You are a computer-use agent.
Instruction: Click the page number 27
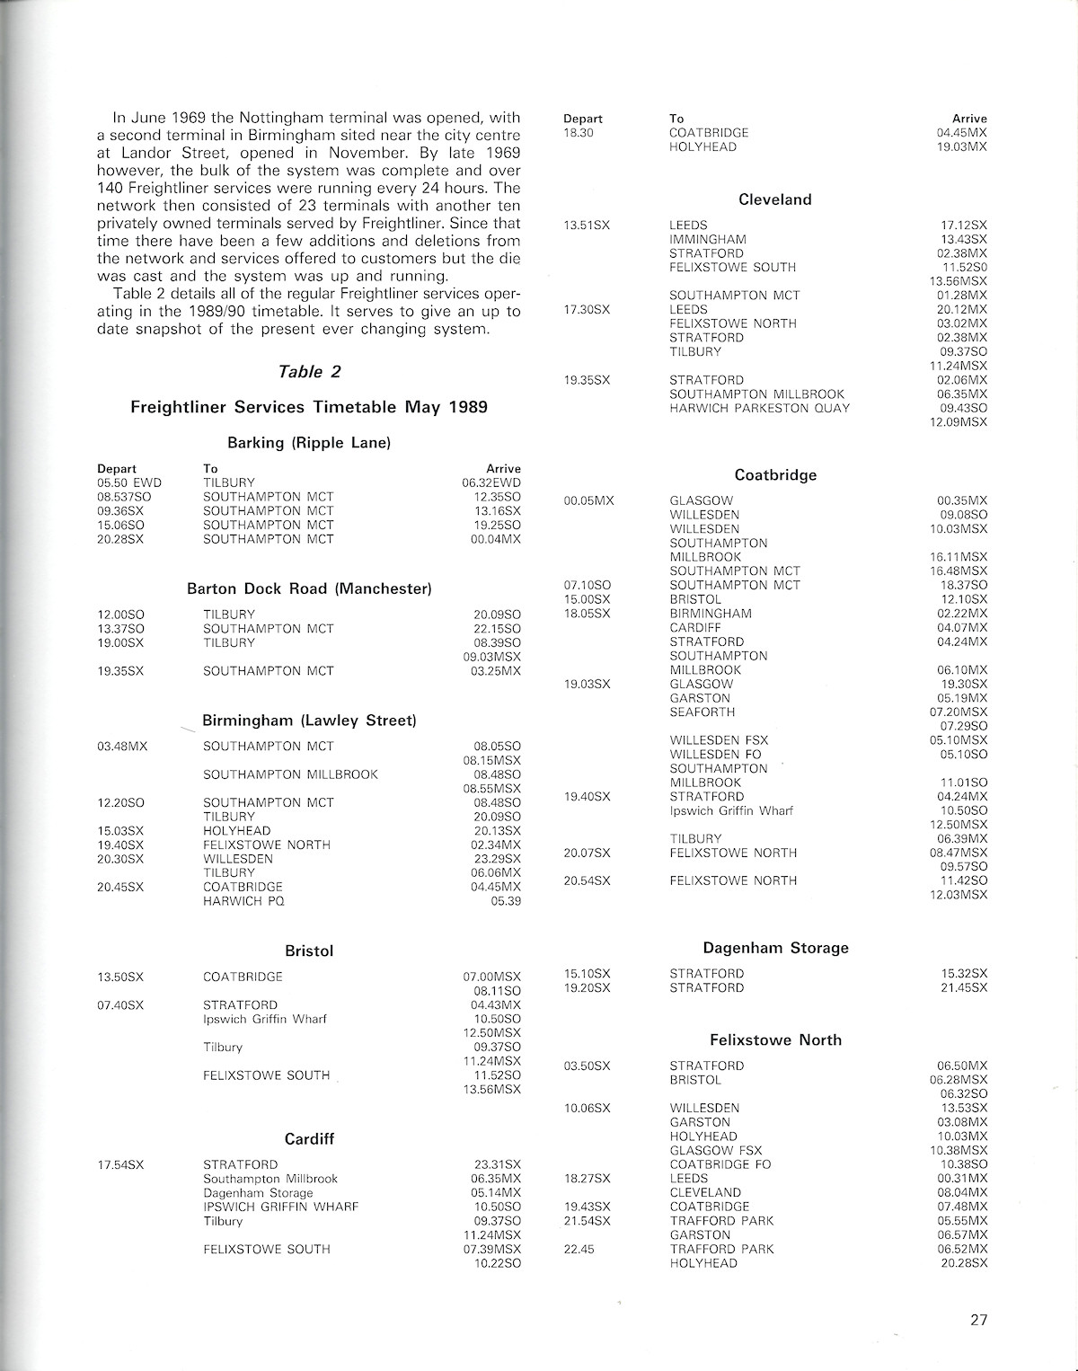tap(978, 1320)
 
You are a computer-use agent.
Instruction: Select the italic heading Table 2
tap(309, 372)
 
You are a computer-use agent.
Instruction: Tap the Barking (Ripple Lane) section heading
tap(309, 443)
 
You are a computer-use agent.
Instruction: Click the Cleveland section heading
tap(774, 199)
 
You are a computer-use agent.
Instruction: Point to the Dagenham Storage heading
tap(775, 948)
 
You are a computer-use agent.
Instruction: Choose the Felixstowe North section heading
tap(775, 1040)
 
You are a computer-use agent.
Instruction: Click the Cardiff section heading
tap(309, 1139)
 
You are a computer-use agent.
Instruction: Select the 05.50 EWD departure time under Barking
tap(129, 482)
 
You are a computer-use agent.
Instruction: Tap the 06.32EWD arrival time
tap(490, 482)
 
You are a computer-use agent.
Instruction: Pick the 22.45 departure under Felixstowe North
tap(580, 1249)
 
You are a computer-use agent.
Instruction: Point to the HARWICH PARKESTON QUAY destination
tap(759, 408)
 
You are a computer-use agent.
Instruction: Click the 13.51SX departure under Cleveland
tap(587, 226)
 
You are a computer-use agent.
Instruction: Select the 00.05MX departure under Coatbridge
tap(588, 500)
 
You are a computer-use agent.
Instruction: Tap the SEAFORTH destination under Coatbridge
tap(702, 712)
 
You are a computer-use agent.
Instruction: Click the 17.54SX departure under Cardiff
tap(120, 1165)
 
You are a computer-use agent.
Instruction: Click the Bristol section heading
tap(309, 951)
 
